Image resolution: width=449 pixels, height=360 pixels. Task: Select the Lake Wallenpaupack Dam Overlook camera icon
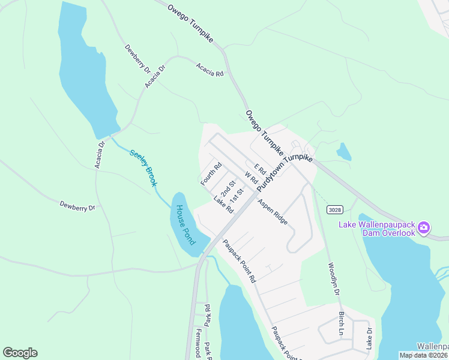tap(424, 227)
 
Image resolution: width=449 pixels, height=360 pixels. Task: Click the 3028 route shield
tap(335, 209)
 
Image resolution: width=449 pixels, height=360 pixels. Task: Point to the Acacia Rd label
tap(209, 70)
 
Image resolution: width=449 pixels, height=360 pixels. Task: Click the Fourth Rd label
tap(211, 173)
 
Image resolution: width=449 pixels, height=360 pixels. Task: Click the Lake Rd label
tap(223, 205)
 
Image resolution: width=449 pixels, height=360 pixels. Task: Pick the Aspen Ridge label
tap(273, 212)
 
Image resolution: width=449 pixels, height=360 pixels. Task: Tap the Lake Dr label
tap(369, 338)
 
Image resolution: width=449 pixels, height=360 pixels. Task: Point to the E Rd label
tap(259, 170)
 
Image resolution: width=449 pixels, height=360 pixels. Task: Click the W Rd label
tap(251, 178)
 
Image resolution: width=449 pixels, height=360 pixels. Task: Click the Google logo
tap(20, 353)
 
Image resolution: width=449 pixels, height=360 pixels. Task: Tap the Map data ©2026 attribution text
tap(424, 355)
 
